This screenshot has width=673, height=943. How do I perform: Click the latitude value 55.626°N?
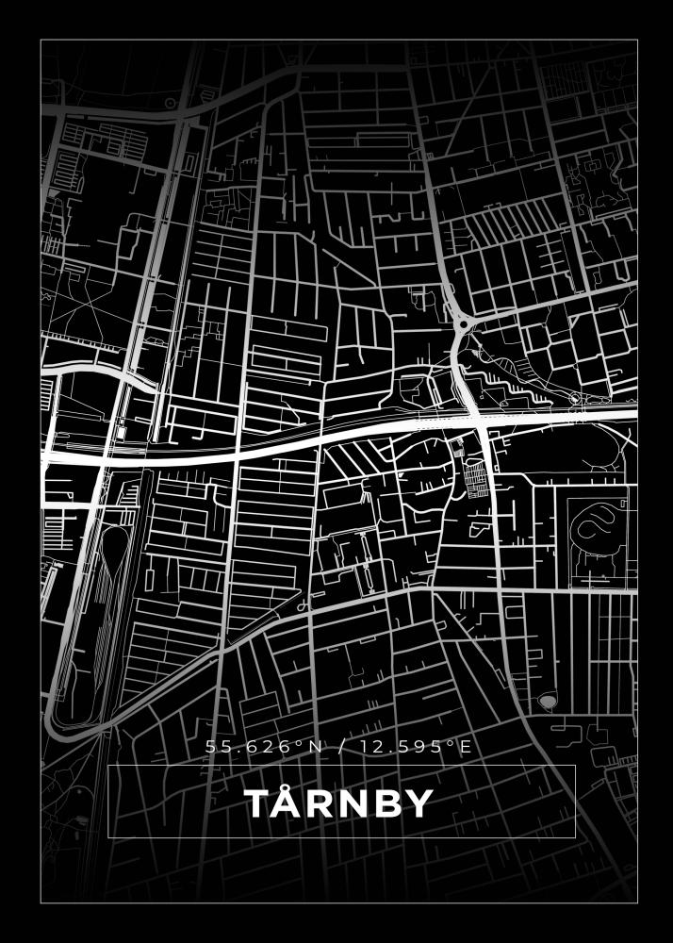click(264, 748)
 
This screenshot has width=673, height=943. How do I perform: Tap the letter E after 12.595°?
click(464, 748)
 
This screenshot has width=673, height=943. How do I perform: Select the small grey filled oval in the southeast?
click(548, 702)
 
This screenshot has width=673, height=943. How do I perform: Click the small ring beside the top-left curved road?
click(169, 102)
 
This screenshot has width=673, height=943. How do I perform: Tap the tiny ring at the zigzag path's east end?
click(574, 396)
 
